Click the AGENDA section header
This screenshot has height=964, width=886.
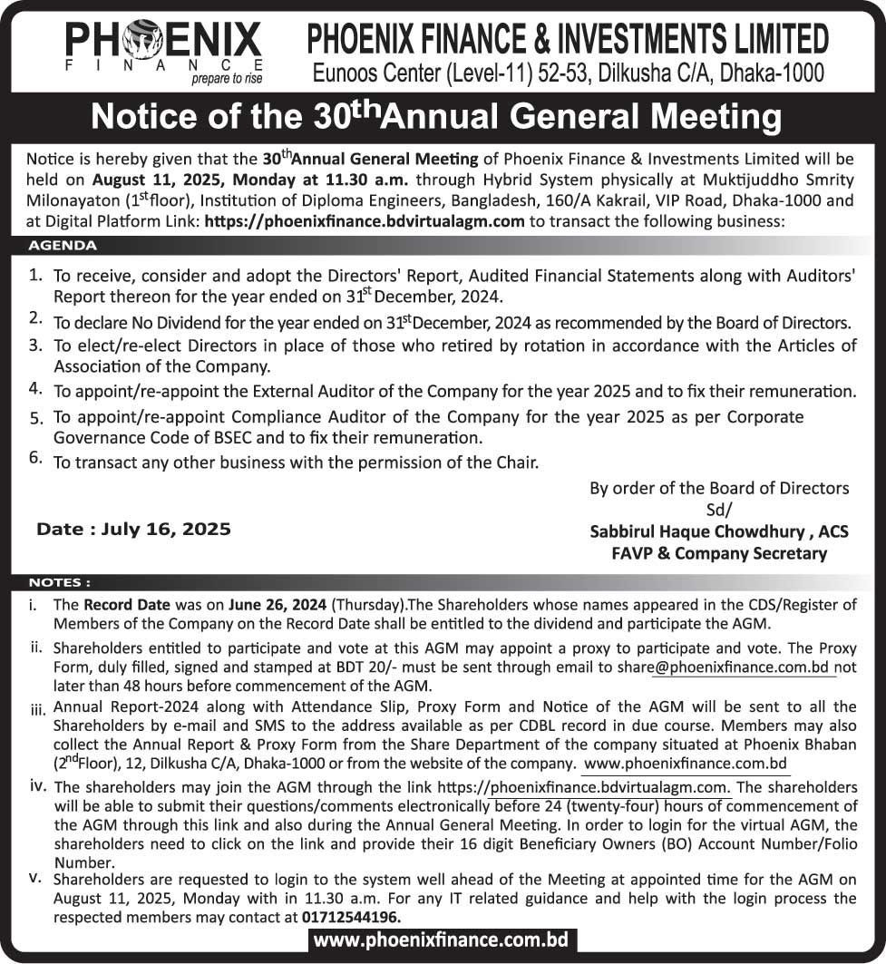click(63, 245)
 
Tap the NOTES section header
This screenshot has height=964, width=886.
click(60, 582)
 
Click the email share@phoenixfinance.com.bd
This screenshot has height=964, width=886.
click(741, 667)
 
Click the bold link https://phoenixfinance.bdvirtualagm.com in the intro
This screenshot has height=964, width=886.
click(365, 220)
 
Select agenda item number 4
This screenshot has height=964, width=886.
click(35, 388)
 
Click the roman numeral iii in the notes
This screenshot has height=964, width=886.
click(37, 708)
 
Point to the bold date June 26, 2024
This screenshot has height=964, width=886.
click(282, 603)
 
